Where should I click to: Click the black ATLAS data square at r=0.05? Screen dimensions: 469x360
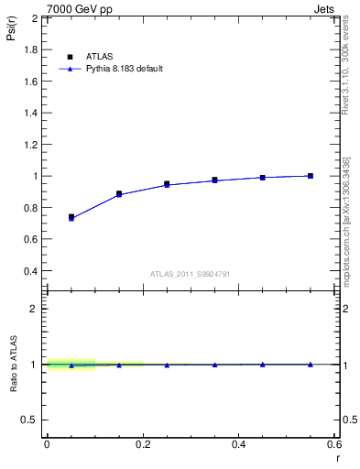[x=71, y=217]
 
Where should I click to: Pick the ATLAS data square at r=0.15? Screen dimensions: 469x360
[x=119, y=194]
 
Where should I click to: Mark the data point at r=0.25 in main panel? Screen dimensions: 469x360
[x=167, y=184]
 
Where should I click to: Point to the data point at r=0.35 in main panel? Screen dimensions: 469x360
[x=214, y=180]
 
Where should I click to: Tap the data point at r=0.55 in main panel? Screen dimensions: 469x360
[x=311, y=176]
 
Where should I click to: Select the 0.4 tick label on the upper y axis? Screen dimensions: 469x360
[x=31, y=271]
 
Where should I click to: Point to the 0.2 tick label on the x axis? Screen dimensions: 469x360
[x=142, y=443]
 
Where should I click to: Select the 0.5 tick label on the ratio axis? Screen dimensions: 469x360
[x=31, y=420]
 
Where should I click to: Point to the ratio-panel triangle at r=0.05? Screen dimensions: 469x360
[x=71, y=365]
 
